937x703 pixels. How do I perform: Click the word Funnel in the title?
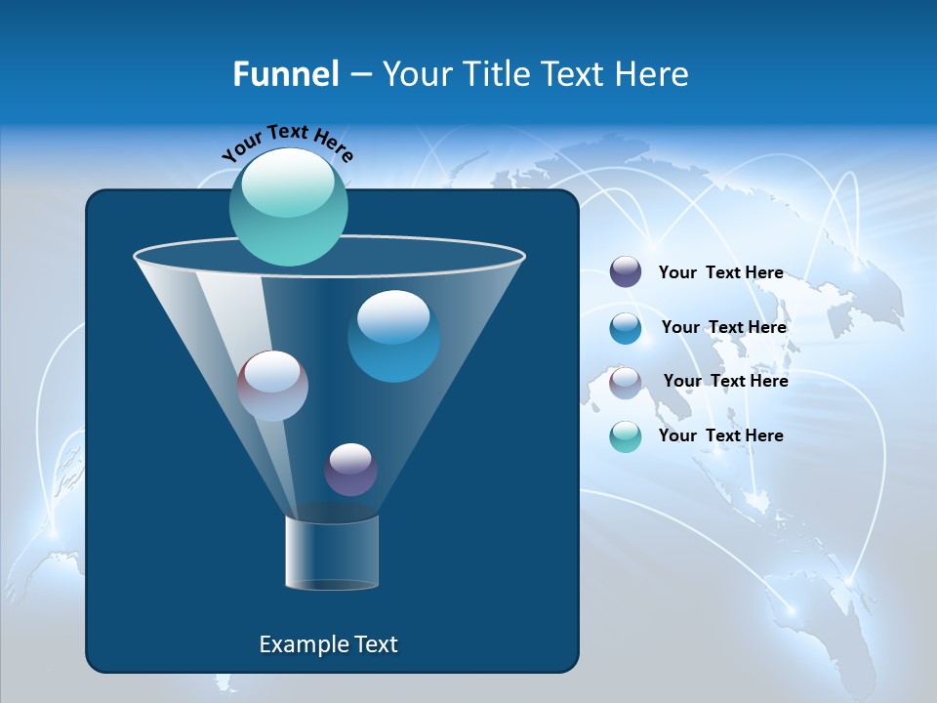point(285,73)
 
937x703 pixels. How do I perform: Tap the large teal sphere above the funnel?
point(289,206)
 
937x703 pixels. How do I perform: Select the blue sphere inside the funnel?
point(393,336)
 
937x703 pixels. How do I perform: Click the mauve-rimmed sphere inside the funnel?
point(272,386)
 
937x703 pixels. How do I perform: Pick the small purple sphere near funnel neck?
point(350,469)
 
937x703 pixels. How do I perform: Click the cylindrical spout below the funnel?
point(331,554)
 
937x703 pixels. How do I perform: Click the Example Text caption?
point(328,644)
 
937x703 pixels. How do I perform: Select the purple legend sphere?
point(626,272)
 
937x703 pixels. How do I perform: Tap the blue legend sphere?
point(626,328)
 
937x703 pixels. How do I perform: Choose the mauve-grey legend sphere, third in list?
point(626,383)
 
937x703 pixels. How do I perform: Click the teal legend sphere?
point(626,436)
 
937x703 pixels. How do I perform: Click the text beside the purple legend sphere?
point(720,272)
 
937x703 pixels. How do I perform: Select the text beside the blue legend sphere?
point(723,327)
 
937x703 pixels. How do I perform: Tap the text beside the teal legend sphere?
point(720,435)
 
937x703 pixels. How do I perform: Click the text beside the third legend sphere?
point(725,381)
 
